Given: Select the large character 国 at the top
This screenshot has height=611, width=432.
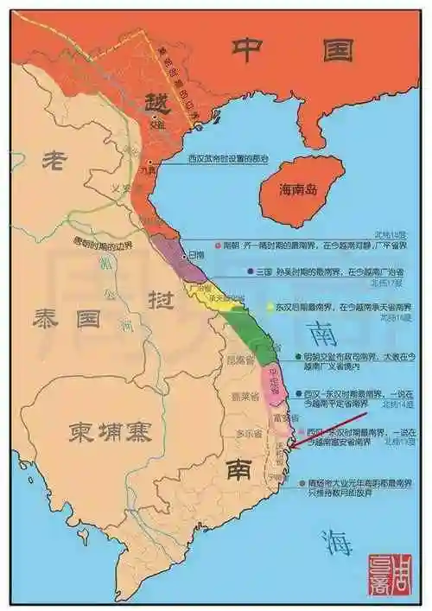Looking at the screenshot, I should click(334, 49).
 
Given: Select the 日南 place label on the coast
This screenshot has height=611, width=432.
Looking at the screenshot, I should click(196, 255).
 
